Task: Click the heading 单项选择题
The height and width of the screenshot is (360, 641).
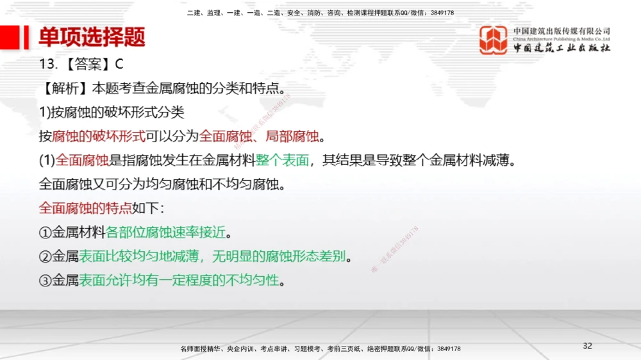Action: click(92, 37)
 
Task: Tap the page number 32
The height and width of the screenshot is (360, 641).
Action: click(587, 346)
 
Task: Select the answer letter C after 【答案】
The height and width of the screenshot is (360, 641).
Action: click(119, 64)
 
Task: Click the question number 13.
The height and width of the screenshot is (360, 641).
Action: click(48, 64)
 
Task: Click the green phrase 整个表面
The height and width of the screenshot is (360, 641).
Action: click(283, 160)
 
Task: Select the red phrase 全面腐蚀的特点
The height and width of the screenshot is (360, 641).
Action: click(85, 208)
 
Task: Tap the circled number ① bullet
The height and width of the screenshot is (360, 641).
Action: click(45, 233)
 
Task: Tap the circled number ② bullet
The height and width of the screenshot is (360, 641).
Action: click(45, 257)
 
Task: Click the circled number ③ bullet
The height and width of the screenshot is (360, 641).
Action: click(45, 281)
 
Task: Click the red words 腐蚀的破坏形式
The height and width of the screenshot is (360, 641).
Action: click(99, 136)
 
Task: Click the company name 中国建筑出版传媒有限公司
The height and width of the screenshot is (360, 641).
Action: click(562, 31)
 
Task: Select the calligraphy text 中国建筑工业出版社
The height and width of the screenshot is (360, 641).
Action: click(562, 48)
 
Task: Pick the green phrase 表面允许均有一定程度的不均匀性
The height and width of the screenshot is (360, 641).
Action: click(181, 281)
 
